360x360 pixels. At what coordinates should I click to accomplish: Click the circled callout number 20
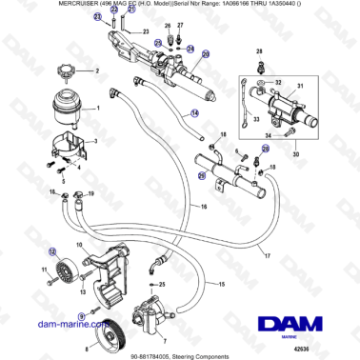204,56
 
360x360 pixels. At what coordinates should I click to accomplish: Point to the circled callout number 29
201,175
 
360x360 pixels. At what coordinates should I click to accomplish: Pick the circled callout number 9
81,314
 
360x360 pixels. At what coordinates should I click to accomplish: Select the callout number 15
220,285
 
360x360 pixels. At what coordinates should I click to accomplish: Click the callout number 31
299,87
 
